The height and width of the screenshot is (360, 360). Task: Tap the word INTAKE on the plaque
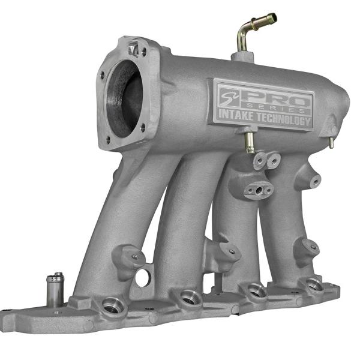236,115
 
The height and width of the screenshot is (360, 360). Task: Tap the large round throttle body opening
124,99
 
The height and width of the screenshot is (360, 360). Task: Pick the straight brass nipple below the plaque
249,143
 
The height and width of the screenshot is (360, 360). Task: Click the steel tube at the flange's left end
55,290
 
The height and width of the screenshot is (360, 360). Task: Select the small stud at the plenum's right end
331,143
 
